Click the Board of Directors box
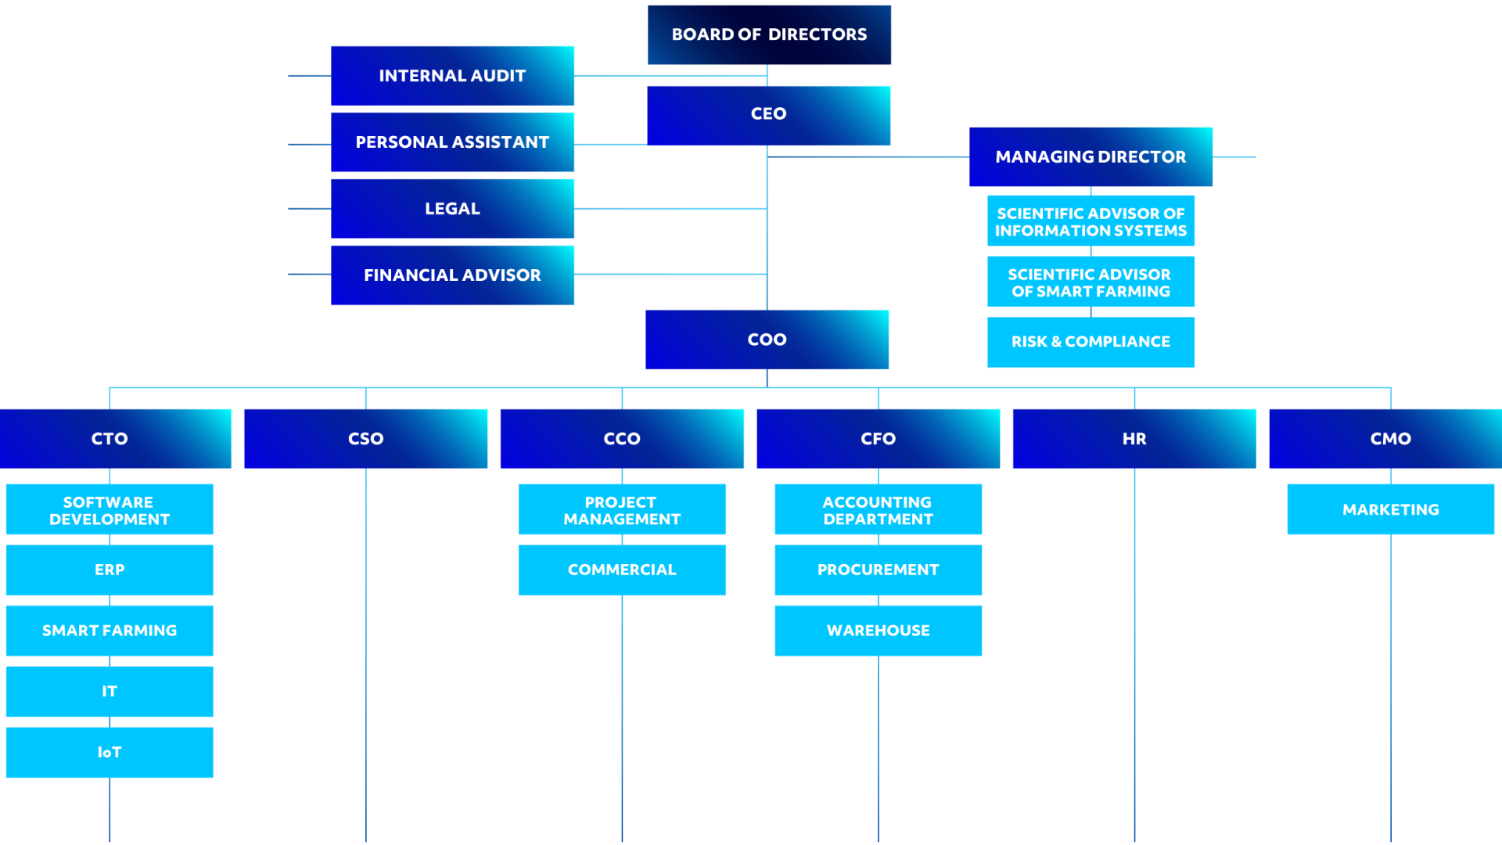pos(769,35)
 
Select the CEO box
pos(769,116)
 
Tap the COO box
pos(767,340)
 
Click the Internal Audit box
pos(452,76)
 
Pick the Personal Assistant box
pos(452,142)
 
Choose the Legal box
pos(452,209)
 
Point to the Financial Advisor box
pos(452,275)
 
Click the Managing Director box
pos(1091,156)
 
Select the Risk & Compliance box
pos(1091,342)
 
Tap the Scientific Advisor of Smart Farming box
pos(1091,282)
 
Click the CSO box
pos(366,439)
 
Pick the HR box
pos(1134,439)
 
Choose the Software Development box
pos(110,509)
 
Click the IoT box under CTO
pos(110,753)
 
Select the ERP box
pos(110,570)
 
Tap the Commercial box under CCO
pos(622,570)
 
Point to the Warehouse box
pos(879,631)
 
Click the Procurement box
pos(879,570)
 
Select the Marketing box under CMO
pos(1391,509)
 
